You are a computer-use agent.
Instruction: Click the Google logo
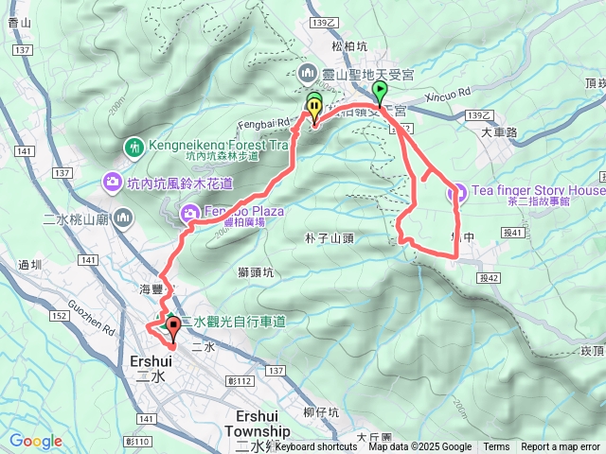coord(36,441)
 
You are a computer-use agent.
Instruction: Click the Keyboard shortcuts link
coord(316,447)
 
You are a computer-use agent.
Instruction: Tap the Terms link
coord(496,447)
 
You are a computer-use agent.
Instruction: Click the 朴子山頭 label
coord(330,238)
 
